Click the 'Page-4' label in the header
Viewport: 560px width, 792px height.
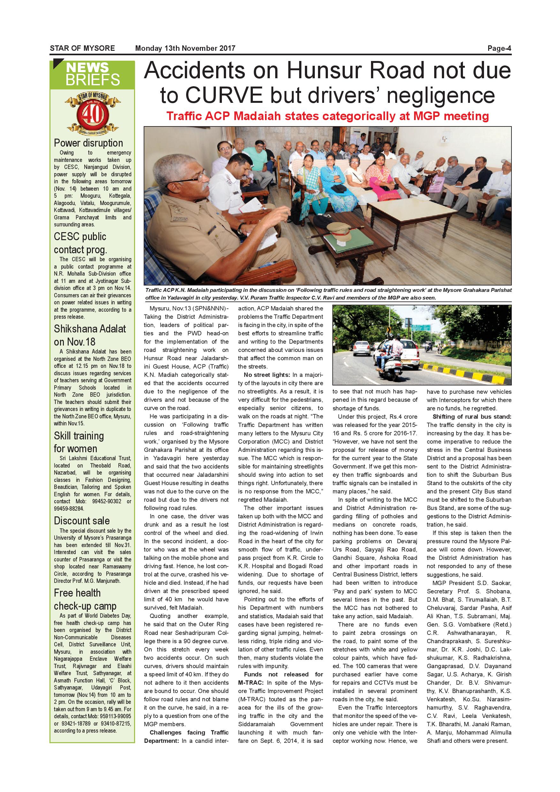(499, 48)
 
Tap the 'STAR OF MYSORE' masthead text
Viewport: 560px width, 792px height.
(82, 48)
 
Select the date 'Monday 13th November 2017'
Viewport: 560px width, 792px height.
(185, 48)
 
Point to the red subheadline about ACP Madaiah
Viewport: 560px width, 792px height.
(327, 116)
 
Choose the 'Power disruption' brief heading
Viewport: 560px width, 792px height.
(88, 143)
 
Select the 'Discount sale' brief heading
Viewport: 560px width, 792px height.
(82, 521)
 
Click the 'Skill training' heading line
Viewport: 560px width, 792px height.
(79, 436)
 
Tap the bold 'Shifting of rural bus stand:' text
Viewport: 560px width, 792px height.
(472, 417)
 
